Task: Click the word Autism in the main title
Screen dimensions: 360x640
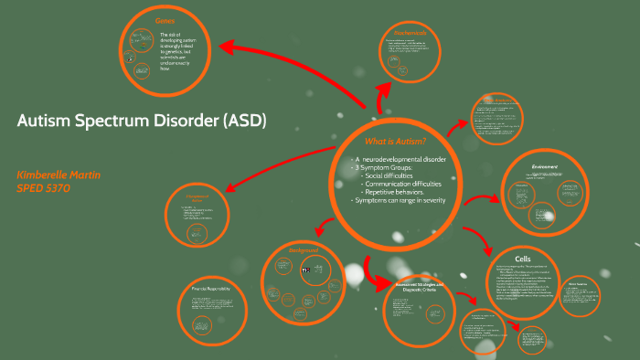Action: [x=45, y=122]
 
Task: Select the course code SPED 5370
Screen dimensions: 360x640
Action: [x=44, y=188]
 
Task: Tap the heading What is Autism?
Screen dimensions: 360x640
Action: [x=395, y=142]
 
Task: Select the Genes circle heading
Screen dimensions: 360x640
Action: [x=165, y=19]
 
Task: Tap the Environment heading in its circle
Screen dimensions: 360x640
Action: [x=544, y=166]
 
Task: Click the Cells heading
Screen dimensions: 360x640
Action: [x=522, y=259]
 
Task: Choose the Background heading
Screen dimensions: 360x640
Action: [x=304, y=249]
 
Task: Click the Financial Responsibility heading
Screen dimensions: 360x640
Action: [x=217, y=289]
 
